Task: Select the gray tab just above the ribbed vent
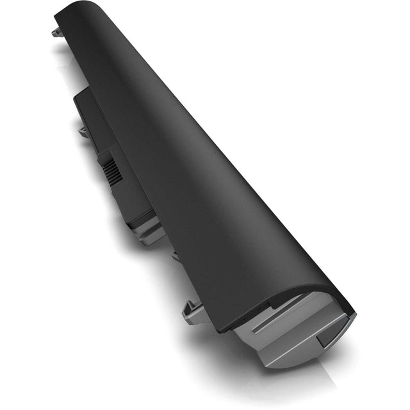coord(83,131)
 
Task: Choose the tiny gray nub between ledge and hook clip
coord(174,255)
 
